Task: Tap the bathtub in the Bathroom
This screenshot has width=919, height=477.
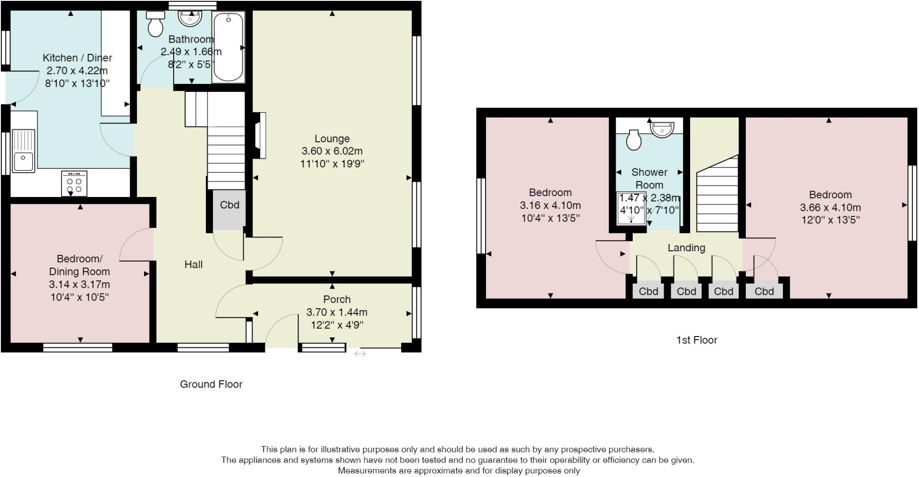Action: pos(228,47)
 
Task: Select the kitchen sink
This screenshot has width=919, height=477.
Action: pos(24,151)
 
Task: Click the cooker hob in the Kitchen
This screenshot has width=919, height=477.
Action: pos(74,183)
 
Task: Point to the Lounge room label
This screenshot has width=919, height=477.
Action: pos(332,139)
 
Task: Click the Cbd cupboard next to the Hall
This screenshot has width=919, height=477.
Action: pos(229,210)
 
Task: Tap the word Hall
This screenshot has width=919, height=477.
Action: pos(193,265)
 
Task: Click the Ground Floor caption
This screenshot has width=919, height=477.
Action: pos(211,384)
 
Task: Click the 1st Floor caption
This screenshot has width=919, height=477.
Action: pos(696,340)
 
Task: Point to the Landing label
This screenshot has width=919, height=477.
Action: pos(686,248)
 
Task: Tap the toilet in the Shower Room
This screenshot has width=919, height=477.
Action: pos(634,140)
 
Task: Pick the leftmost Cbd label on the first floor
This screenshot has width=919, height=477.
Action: pos(648,292)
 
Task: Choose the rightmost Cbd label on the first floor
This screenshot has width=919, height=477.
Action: pos(764,292)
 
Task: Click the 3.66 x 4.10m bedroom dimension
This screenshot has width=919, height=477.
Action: pos(830,208)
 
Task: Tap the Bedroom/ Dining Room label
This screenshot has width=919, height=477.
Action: pos(79,265)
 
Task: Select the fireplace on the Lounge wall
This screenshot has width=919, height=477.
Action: pos(259,135)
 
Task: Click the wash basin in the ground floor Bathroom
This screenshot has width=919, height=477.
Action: pos(191,18)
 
